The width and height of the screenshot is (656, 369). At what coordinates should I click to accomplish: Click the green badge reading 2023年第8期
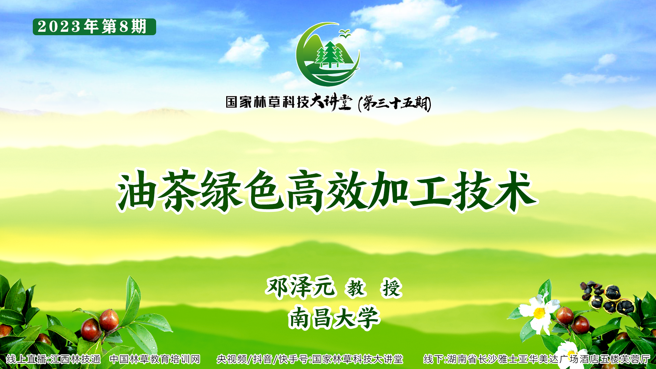coord(94,27)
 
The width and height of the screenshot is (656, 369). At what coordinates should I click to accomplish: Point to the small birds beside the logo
coord(344,33)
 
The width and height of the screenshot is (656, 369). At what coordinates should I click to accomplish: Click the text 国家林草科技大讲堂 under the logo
coord(289,102)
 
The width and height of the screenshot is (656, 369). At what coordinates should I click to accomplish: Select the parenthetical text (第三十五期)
coord(395,103)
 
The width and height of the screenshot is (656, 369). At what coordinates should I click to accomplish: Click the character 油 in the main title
coord(136,190)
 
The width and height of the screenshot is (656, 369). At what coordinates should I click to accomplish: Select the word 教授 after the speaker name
coord(374,288)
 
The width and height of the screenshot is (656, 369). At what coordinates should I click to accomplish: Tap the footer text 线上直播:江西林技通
coord(53,359)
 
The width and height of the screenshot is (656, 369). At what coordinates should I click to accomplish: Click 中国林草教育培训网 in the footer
coord(155,359)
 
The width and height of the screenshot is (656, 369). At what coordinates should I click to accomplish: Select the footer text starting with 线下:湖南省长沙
coord(537,359)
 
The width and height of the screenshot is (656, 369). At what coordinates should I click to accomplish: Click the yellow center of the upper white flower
coord(539,313)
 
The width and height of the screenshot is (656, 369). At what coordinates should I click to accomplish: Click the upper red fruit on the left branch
coord(109,320)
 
